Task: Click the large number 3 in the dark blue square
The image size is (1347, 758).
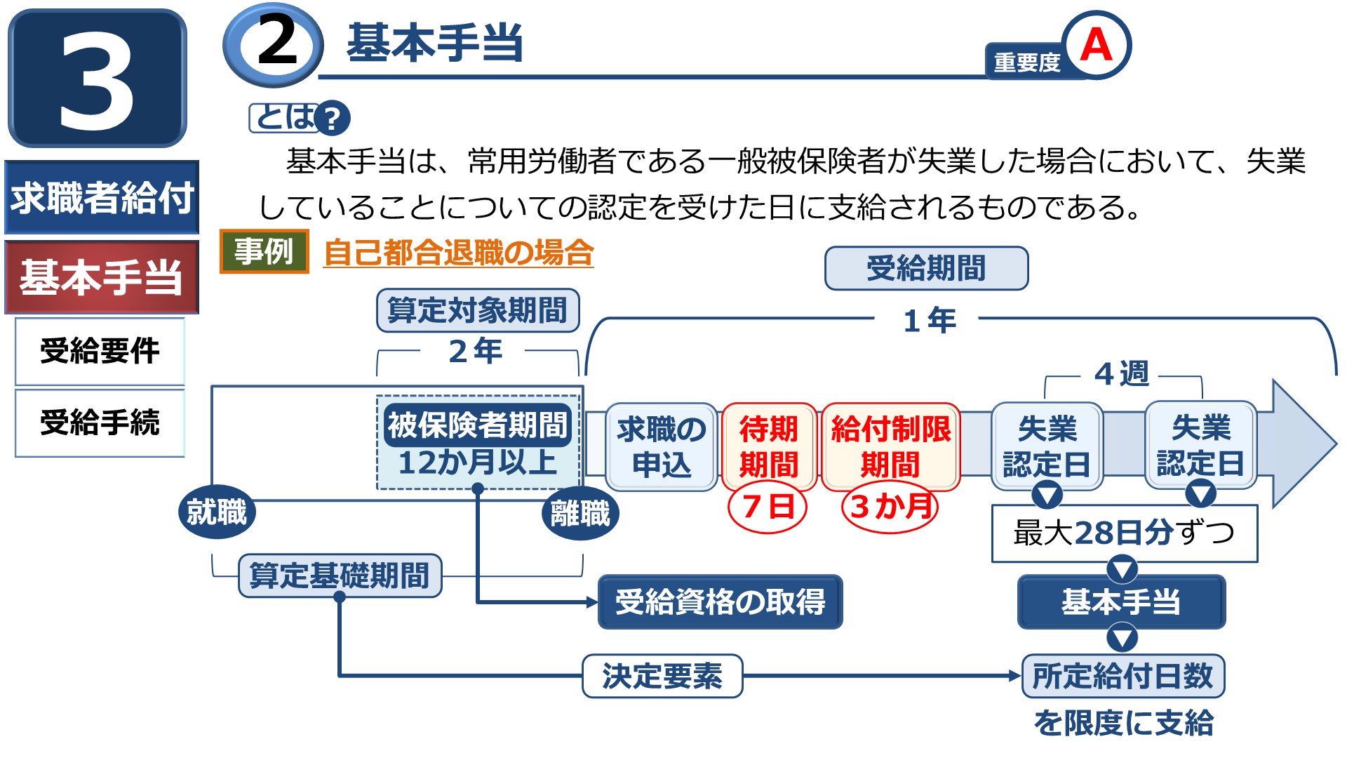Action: [x=97, y=79]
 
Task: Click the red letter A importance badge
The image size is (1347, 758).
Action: [x=1095, y=45]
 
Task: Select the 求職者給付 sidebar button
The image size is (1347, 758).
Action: [x=102, y=197]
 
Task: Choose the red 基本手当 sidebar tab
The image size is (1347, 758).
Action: [x=102, y=277]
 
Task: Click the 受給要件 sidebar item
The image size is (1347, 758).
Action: [x=100, y=351]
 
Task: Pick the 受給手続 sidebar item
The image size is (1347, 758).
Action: [x=100, y=423]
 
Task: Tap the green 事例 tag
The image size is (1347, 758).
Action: [x=264, y=251]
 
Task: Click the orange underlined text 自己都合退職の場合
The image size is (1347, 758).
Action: [x=459, y=253]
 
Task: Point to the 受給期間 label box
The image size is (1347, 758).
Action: [x=926, y=268]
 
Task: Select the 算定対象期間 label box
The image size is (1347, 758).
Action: [x=478, y=310]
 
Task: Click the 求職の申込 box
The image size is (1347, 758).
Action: [x=661, y=446]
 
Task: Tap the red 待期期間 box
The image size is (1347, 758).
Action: [x=769, y=446]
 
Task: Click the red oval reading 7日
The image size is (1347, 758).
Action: [x=768, y=506]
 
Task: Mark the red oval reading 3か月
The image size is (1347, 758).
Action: [x=890, y=506]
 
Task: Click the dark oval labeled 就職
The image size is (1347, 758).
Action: [x=217, y=512]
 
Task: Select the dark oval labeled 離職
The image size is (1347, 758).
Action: [x=580, y=513]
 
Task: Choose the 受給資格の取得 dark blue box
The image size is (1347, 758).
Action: [x=720, y=602]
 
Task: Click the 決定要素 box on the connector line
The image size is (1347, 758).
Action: [x=662, y=676]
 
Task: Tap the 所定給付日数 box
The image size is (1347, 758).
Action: [x=1122, y=676]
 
